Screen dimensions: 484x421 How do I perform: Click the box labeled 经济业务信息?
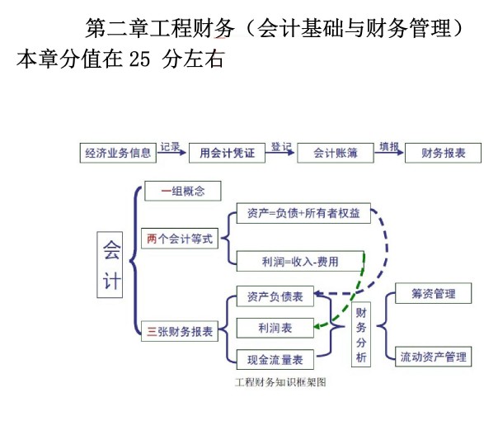click(x=118, y=153)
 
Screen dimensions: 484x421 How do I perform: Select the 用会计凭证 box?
click(x=227, y=153)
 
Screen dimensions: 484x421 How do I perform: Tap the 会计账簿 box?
click(x=336, y=153)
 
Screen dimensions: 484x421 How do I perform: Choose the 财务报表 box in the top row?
click(x=443, y=153)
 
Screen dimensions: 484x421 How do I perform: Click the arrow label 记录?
click(x=170, y=146)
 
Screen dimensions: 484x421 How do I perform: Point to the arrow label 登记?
click(x=281, y=146)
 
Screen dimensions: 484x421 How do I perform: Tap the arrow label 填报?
click(x=389, y=146)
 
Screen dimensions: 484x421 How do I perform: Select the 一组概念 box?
click(x=183, y=191)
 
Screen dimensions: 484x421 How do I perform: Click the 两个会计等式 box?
click(x=180, y=239)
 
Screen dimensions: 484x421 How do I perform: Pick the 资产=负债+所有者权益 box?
click(x=303, y=213)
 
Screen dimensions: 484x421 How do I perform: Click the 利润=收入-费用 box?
click(x=300, y=261)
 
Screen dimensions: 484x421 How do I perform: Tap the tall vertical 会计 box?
click(x=110, y=265)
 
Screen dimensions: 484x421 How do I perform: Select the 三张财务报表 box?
click(x=180, y=331)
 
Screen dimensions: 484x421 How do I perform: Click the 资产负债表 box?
click(x=275, y=296)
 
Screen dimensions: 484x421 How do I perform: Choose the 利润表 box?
click(x=275, y=328)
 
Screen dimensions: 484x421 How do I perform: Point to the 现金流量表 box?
click(x=275, y=359)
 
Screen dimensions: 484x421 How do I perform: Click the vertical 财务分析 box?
click(x=361, y=334)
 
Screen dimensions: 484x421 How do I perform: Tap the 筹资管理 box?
click(x=433, y=293)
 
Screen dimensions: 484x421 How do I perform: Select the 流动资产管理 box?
click(x=433, y=357)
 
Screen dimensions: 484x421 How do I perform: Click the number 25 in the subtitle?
click(x=139, y=59)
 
